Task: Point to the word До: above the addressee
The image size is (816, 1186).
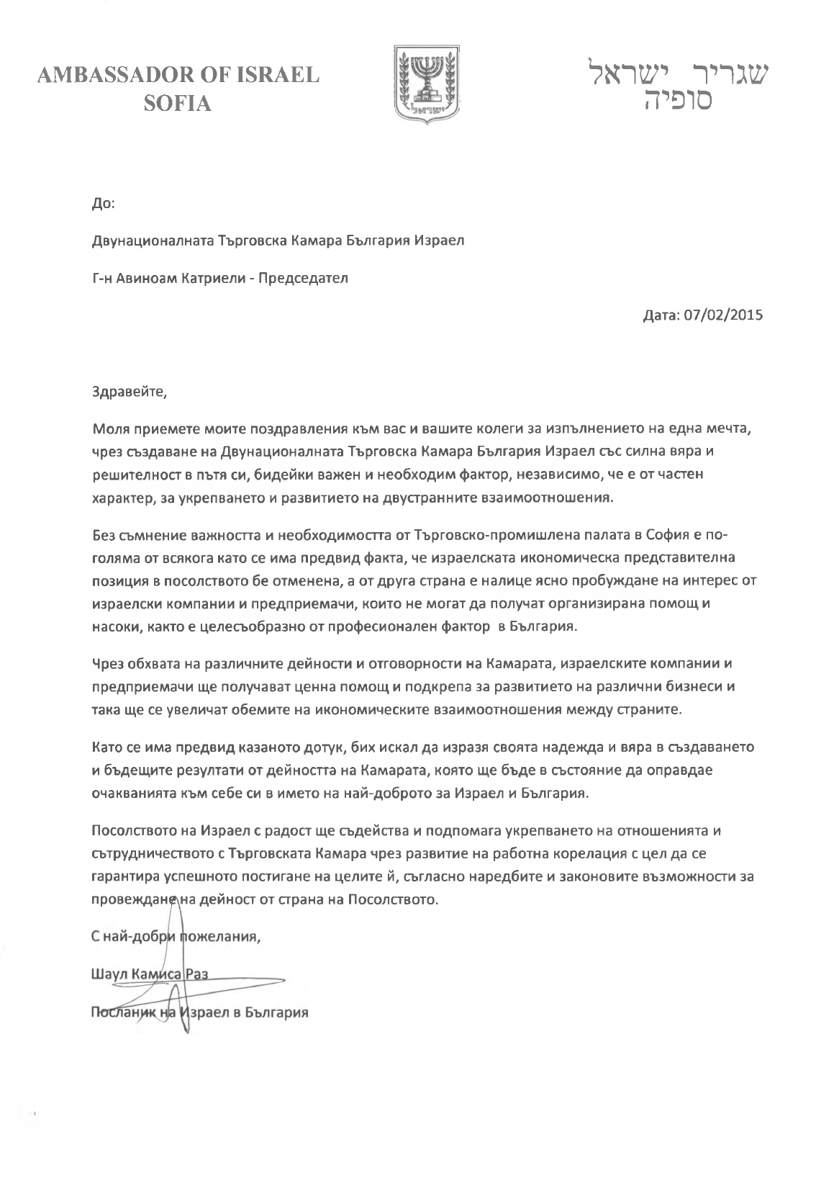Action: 104,204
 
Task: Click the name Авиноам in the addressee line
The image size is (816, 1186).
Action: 144,278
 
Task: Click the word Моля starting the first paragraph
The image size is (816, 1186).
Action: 109,429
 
